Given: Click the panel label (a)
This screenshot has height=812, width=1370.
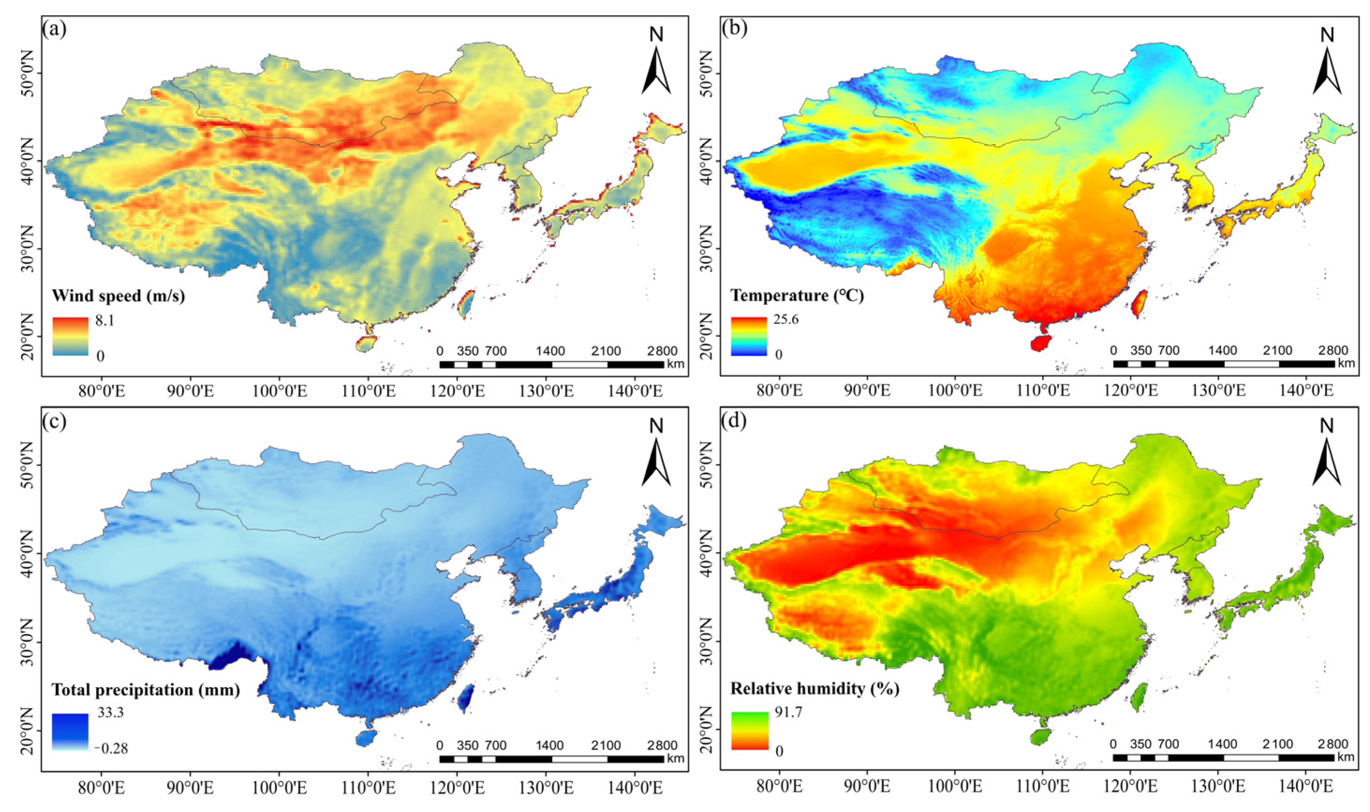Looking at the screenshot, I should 54,29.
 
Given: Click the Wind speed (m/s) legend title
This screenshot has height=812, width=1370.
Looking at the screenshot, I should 118,296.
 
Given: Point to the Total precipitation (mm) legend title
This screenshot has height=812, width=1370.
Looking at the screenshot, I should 146,690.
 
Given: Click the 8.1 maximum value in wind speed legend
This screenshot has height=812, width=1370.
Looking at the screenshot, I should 104,321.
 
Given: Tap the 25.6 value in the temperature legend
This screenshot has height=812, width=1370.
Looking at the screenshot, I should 786,320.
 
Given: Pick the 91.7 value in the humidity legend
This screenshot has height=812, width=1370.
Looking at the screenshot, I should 788,712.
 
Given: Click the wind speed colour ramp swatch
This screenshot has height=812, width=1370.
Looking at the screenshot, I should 70,337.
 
